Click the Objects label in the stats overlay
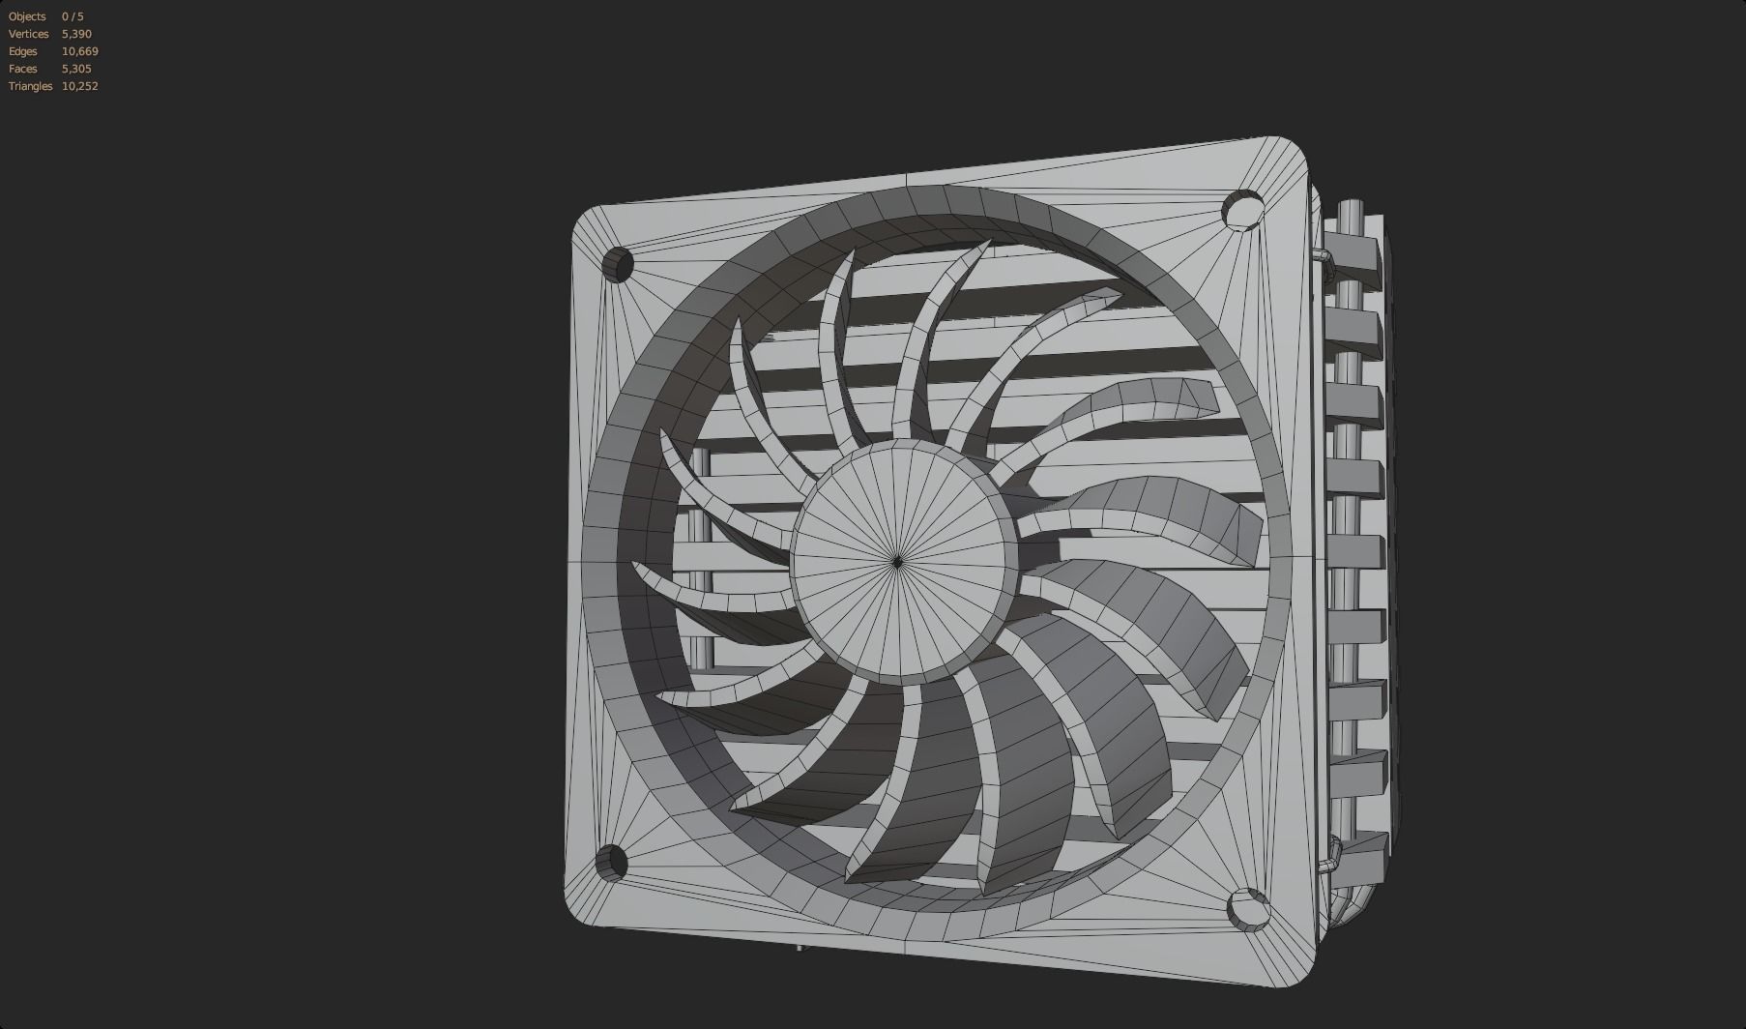coord(27,16)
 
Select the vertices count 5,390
coord(76,34)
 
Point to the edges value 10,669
coord(79,51)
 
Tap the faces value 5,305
coord(76,69)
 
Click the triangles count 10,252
coord(79,86)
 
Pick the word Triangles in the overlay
coord(30,86)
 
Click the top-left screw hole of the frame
coord(618,264)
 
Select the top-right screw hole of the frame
coord(1243,210)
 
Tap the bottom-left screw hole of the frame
coord(612,862)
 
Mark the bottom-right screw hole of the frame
coord(1248,910)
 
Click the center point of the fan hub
coord(897,561)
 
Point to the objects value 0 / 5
coord(73,16)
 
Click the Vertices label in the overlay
coord(28,34)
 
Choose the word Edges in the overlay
coord(23,51)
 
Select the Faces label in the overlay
coord(23,69)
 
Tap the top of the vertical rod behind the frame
coord(1351,207)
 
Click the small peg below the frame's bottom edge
coord(800,945)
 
